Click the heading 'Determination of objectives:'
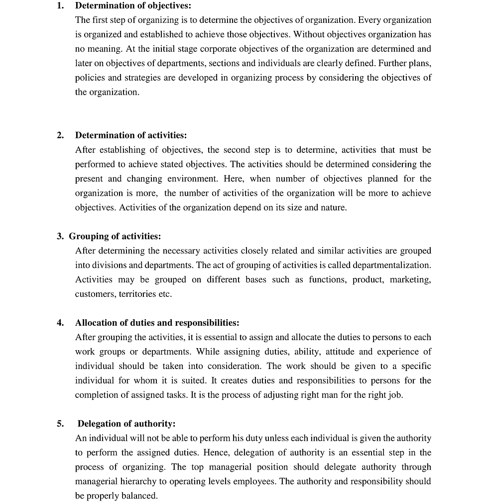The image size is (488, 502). coord(132,6)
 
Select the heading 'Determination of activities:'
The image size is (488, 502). coord(131,135)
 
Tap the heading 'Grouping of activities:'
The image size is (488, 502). coord(115,237)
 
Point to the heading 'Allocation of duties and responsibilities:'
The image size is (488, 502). coord(157,323)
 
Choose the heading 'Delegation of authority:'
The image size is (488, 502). coord(126,424)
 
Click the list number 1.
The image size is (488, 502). coord(60,6)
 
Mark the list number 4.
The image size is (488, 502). coord(60,323)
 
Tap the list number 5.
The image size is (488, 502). coord(60,424)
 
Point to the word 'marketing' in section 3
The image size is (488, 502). coord(410,280)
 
